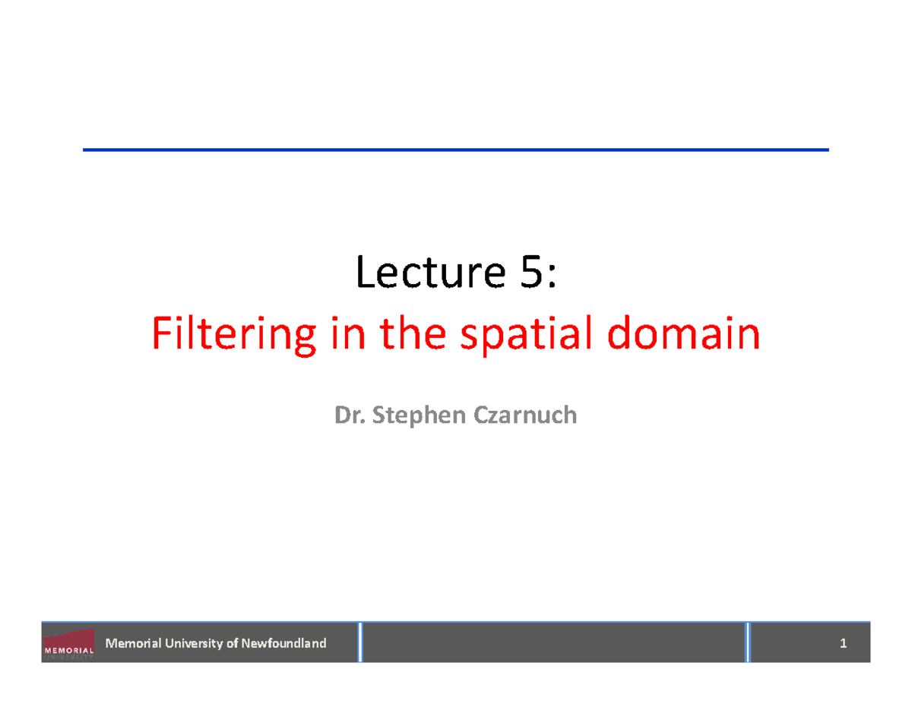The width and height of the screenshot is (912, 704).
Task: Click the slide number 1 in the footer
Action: coord(843,644)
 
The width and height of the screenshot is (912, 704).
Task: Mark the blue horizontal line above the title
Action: coord(456,150)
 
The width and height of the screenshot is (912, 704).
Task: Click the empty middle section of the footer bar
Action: coord(555,643)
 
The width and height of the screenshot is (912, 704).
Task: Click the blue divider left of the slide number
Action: coord(748,642)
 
